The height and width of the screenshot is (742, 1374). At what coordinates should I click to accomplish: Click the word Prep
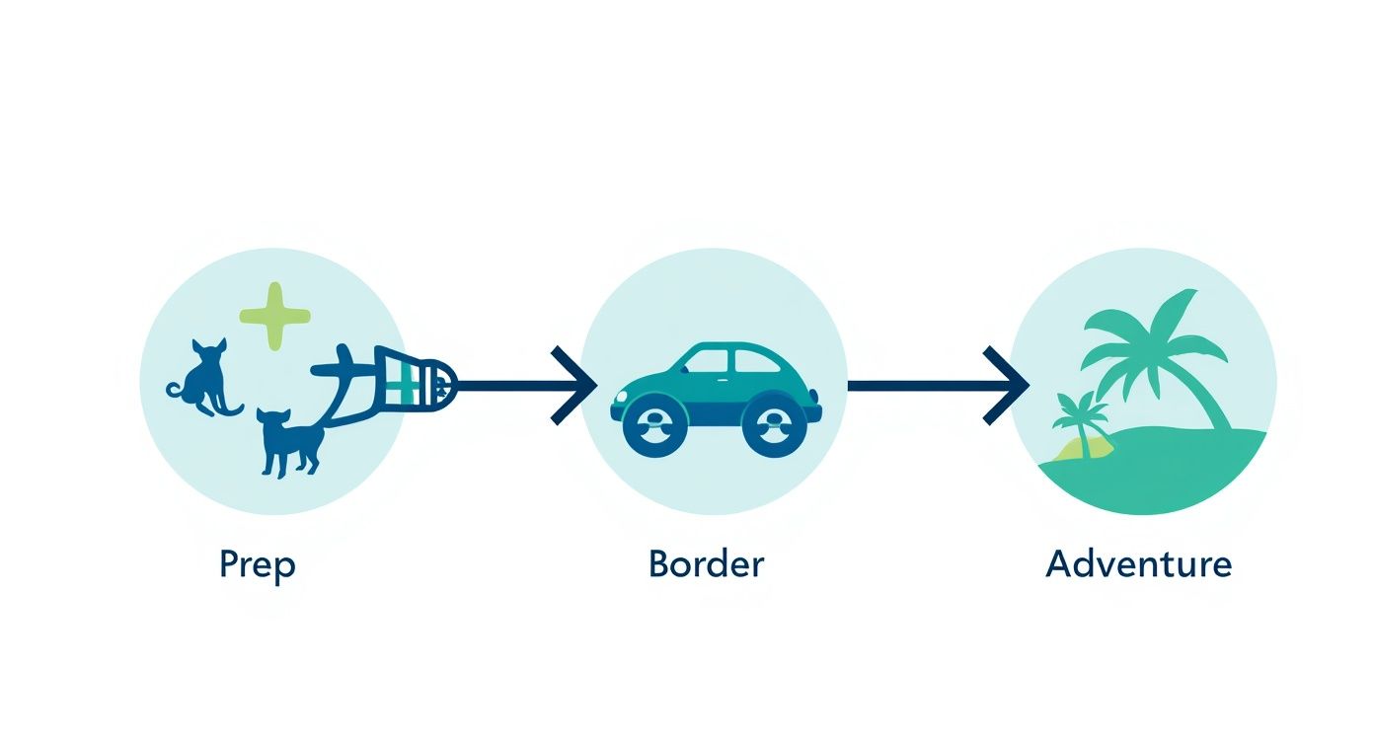coord(257,565)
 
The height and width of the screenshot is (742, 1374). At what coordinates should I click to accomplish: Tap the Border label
coord(706,564)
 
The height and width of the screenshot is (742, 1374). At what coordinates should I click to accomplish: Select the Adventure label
coord(1138,564)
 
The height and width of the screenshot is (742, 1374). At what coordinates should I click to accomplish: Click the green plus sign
coord(275,316)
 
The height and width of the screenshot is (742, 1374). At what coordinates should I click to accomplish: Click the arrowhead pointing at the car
coord(574,385)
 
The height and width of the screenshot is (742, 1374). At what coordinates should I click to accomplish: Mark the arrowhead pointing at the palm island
coord(1007,385)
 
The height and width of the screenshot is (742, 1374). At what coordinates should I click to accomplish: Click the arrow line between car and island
coord(918,385)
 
